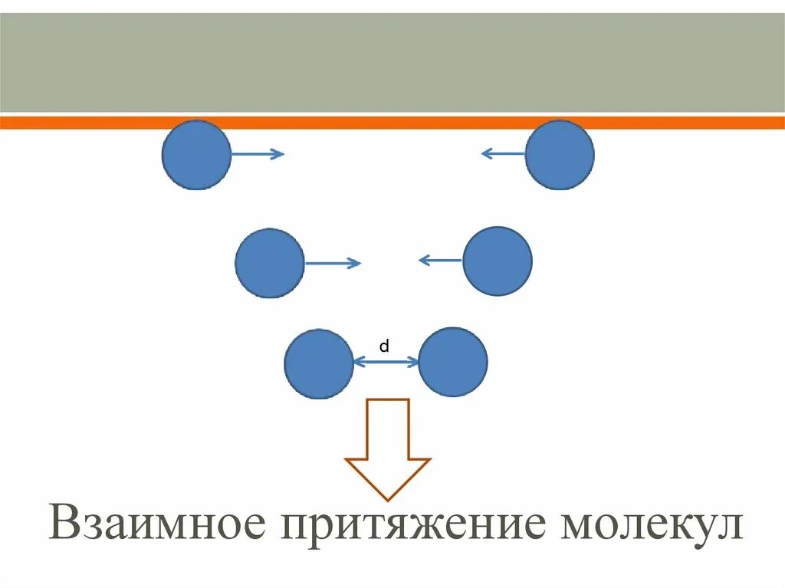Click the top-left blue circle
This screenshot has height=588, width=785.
(196, 155)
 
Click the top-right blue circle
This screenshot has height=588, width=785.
(560, 155)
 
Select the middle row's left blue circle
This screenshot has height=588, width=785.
(270, 263)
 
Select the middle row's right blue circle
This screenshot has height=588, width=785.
(498, 261)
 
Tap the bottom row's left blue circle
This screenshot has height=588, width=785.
(319, 363)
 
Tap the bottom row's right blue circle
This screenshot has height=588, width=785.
(453, 362)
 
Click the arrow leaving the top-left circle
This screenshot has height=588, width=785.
(257, 154)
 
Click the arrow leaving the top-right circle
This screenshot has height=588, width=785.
(504, 153)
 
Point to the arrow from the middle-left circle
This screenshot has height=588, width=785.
(332, 264)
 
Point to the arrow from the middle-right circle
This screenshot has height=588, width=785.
(441, 261)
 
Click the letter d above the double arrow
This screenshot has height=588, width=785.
(385, 347)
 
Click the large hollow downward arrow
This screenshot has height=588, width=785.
(388, 445)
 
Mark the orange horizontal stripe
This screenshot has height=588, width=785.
(392, 123)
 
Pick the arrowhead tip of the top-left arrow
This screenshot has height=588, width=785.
(283, 154)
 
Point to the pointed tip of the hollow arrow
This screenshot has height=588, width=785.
(388, 499)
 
